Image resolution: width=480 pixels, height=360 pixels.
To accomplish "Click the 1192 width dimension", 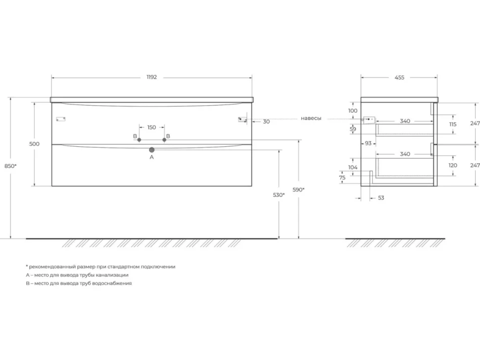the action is coord(151,77).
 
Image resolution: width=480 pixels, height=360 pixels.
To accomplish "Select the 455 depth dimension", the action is coord(399,78).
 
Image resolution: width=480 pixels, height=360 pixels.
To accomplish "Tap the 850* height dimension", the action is coord(10,166).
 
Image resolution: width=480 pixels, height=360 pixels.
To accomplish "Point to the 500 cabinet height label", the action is coord(34,144).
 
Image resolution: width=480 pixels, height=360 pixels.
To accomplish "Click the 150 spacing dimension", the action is coord(151,127).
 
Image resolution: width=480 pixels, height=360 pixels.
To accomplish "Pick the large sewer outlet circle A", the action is coord(151,150).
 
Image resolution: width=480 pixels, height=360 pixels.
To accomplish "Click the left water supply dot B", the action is coord(139,140).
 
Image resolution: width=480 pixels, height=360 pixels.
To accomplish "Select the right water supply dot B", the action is coord(164,140).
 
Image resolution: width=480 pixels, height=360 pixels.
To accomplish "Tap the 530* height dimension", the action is coord(279,195).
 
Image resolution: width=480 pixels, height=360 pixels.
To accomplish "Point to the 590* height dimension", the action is coord(298,189).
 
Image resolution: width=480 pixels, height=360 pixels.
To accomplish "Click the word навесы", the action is coord(311,118).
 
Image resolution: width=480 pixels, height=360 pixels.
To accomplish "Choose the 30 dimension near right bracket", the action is coord(266,122).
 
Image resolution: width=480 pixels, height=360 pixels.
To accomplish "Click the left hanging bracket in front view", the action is coord(60,119).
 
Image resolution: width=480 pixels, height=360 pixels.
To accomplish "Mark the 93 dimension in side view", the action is coord(368,143).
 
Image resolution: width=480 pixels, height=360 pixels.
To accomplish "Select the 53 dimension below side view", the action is coord(381,198).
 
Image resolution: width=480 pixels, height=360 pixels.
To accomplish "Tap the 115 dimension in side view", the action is coord(453,124).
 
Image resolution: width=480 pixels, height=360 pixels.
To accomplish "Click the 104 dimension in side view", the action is coord(353,167).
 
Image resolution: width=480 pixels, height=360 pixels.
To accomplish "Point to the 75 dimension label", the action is coord(342,178).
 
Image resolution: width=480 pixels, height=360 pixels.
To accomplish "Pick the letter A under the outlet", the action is coord(151,157).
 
